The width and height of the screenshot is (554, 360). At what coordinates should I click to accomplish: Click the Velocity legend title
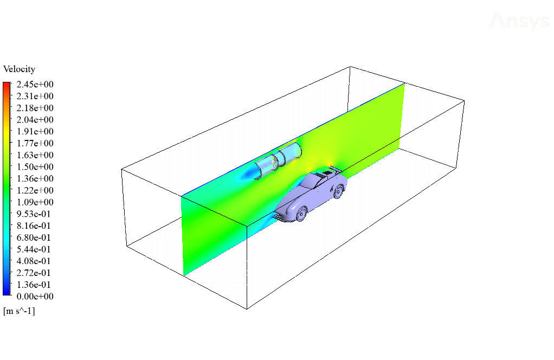19,69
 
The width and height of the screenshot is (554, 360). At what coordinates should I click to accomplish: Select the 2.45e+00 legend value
35,84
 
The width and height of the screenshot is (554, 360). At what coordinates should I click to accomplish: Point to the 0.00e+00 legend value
35,296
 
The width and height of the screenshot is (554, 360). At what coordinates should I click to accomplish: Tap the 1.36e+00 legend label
35,178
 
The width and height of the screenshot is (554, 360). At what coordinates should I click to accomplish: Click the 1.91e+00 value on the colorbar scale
35,131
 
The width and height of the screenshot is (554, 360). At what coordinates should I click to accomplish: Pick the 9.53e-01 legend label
34,214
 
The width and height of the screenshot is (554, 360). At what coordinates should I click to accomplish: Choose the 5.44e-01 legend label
34,249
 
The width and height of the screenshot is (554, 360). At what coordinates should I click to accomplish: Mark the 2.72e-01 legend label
34,273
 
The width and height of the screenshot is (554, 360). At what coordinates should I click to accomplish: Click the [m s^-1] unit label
19,311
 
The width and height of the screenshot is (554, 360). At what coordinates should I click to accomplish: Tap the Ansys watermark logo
520,21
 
